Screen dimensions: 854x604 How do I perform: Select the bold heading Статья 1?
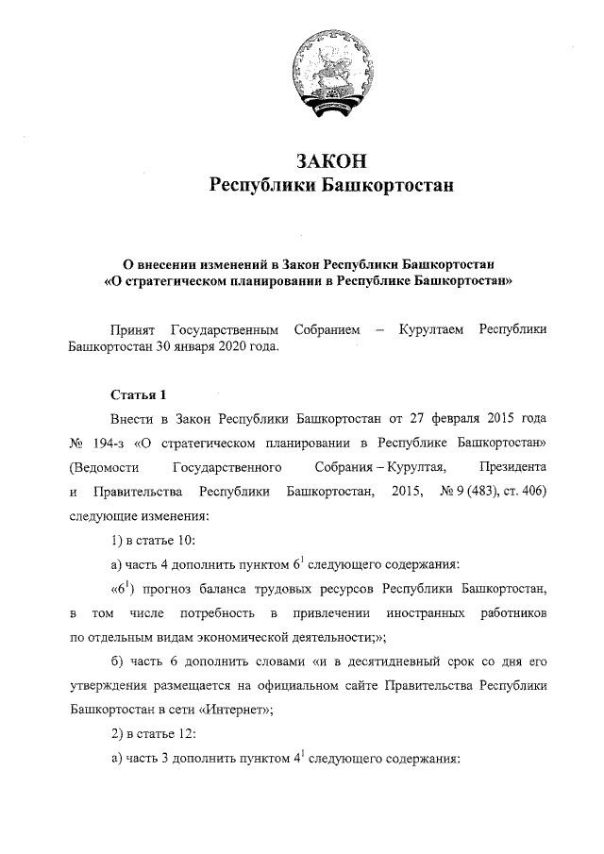click(x=138, y=393)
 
